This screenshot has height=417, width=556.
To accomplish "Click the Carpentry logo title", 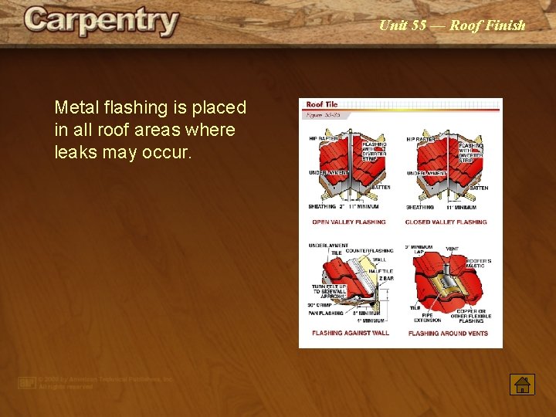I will [101, 22].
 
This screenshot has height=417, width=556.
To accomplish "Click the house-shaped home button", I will [522, 383].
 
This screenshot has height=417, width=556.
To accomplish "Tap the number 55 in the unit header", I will [419, 25].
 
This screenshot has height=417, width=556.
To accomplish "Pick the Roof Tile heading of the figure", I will [322, 104].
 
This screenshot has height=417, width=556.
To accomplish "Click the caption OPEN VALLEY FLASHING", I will [348, 222].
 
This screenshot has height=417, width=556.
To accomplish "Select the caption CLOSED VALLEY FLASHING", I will [446, 222].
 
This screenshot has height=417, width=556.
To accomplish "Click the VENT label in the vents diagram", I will [452, 249].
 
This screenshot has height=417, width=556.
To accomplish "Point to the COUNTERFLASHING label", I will [368, 251].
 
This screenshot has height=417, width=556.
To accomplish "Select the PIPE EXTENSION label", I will [427, 317].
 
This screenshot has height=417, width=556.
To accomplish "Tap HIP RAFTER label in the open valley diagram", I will [324, 139].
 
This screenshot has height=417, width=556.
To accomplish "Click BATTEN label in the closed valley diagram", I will [479, 188].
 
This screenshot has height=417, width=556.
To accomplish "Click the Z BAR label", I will [386, 277].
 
